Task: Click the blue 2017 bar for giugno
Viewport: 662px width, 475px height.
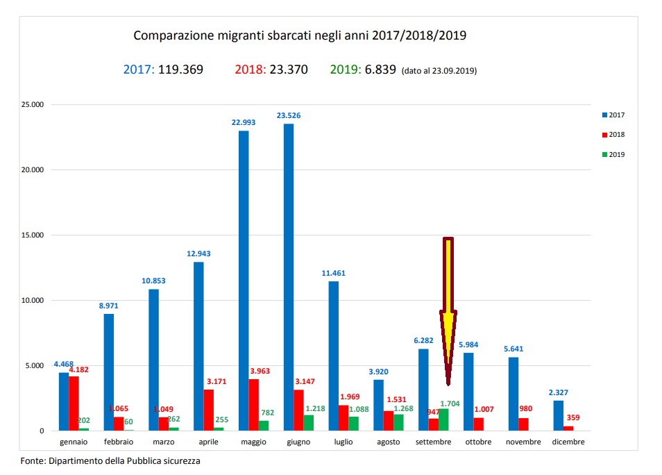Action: (288, 278)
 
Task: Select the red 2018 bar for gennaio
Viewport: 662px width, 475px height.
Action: (74, 403)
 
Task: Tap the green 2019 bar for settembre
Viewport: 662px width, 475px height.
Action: (443, 419)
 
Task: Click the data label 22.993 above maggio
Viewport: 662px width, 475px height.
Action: (244, 122)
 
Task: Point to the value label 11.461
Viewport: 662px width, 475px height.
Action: (333, 273)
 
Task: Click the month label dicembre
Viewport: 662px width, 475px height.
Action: (568, 442)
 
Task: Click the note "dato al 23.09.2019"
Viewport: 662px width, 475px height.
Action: (439, 71)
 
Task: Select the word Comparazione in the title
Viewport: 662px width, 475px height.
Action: (167, 35)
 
